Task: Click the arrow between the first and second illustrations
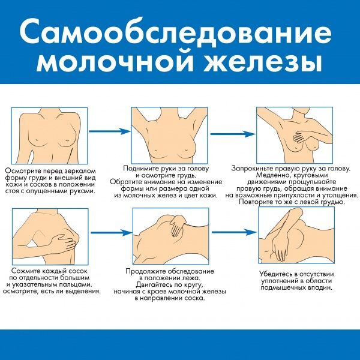click(110, 131)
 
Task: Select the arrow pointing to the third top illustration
click(233, 134)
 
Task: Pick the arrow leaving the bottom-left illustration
click(112, 233)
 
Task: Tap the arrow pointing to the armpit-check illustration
click(234, 232)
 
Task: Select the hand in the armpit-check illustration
click(278, 248)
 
